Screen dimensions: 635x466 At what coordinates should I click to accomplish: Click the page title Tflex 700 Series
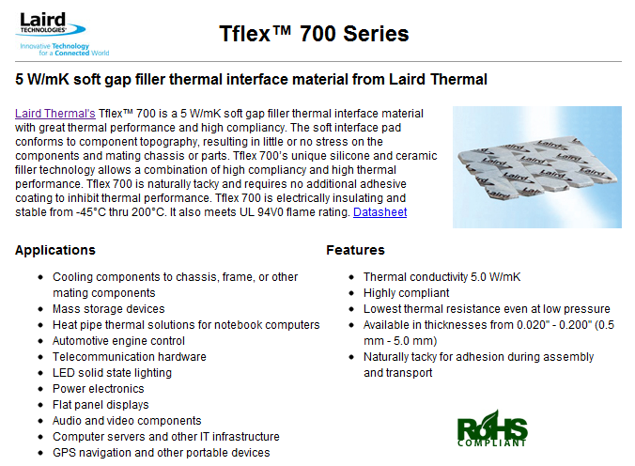314,34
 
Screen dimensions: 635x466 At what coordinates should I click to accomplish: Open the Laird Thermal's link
55,114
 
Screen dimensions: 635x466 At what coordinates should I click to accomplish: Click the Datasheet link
379,212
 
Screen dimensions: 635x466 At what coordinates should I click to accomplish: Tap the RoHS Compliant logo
492,428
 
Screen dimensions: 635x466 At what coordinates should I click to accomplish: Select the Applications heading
55,250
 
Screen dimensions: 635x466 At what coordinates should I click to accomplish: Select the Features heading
355,250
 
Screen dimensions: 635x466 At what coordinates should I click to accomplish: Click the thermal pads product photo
537,167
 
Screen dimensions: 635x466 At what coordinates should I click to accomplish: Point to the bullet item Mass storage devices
109,309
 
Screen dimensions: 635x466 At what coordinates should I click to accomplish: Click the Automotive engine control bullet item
118,341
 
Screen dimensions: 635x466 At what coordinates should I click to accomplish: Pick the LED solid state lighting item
112,373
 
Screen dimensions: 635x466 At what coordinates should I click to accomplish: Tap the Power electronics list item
99,389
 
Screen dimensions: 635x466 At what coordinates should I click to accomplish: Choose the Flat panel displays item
101,405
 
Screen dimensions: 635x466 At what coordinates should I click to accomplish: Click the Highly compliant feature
406,293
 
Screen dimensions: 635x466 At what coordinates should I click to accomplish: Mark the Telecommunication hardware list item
130,357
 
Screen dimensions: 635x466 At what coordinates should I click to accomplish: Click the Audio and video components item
127,421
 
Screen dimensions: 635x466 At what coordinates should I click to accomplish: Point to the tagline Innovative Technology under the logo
54,46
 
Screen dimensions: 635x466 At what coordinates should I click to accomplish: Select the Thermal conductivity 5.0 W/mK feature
441,277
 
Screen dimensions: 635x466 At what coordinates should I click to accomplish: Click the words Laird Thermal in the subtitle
438,80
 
